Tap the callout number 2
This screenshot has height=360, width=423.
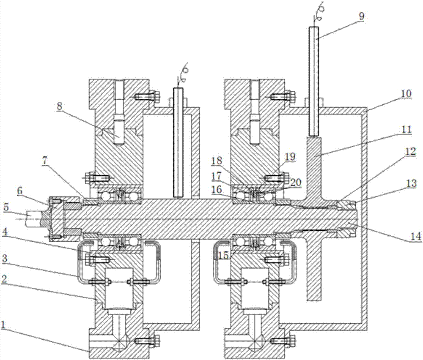4,279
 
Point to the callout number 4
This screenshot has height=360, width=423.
4,232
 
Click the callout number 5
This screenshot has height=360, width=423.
6,207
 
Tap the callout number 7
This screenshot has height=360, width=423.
45,161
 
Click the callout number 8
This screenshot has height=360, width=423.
59,106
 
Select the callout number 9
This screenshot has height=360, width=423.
361,16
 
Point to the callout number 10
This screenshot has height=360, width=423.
406,94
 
